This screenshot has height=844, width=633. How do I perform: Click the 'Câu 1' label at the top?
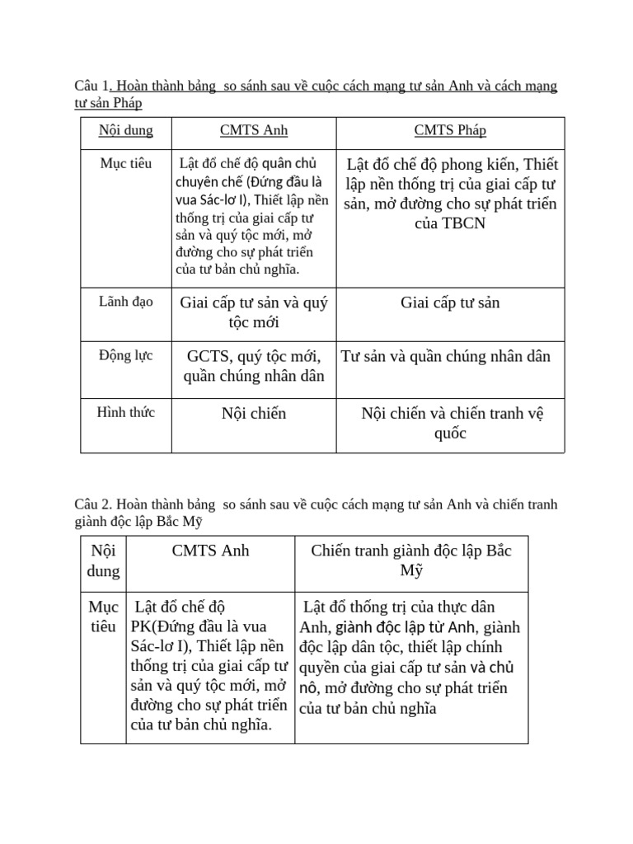(91, 87)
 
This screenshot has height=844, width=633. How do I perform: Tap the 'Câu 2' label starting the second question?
(91, 504)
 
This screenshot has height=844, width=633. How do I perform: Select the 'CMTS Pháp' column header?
(450, 131)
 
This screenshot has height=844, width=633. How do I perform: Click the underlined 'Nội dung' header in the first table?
(125, 131)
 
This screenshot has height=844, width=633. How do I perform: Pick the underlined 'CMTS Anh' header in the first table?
(253, 131)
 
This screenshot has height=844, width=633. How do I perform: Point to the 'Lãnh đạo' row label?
(125, 302)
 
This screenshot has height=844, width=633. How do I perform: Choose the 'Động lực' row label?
(125, 356)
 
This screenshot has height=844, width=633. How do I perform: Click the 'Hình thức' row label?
(125, 412)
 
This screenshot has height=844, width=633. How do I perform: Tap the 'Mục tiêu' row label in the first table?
(125, 163)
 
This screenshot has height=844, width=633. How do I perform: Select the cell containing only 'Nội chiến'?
(253, 414)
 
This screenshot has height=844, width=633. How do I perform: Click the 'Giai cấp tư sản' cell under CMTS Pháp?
(450, 303)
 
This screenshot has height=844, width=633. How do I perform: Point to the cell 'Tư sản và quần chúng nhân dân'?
(446, 357)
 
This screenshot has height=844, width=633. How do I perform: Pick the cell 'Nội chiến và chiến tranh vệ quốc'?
(452, 423)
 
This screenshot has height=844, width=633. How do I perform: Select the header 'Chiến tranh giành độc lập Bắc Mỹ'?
(411, 560)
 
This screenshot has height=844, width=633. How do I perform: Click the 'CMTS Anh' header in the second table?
(210, 551)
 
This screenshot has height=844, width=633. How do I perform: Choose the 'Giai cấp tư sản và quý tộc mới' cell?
(253, 312)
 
